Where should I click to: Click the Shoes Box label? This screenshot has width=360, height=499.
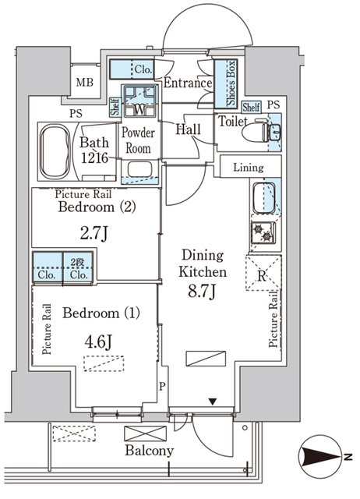tap(231, 83)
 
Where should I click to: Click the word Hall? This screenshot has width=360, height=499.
tap(190, 129)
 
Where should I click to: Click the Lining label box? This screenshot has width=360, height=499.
tap(249, 167)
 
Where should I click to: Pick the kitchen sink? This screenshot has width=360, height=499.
tap(263, 196)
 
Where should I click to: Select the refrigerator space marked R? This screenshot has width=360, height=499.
tap(261, 274)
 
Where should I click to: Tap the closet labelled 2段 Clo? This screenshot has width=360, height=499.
tap(78, 267)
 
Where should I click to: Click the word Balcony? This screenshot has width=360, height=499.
tap(148, 451)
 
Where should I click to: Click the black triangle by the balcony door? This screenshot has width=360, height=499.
tap(213, 402)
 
